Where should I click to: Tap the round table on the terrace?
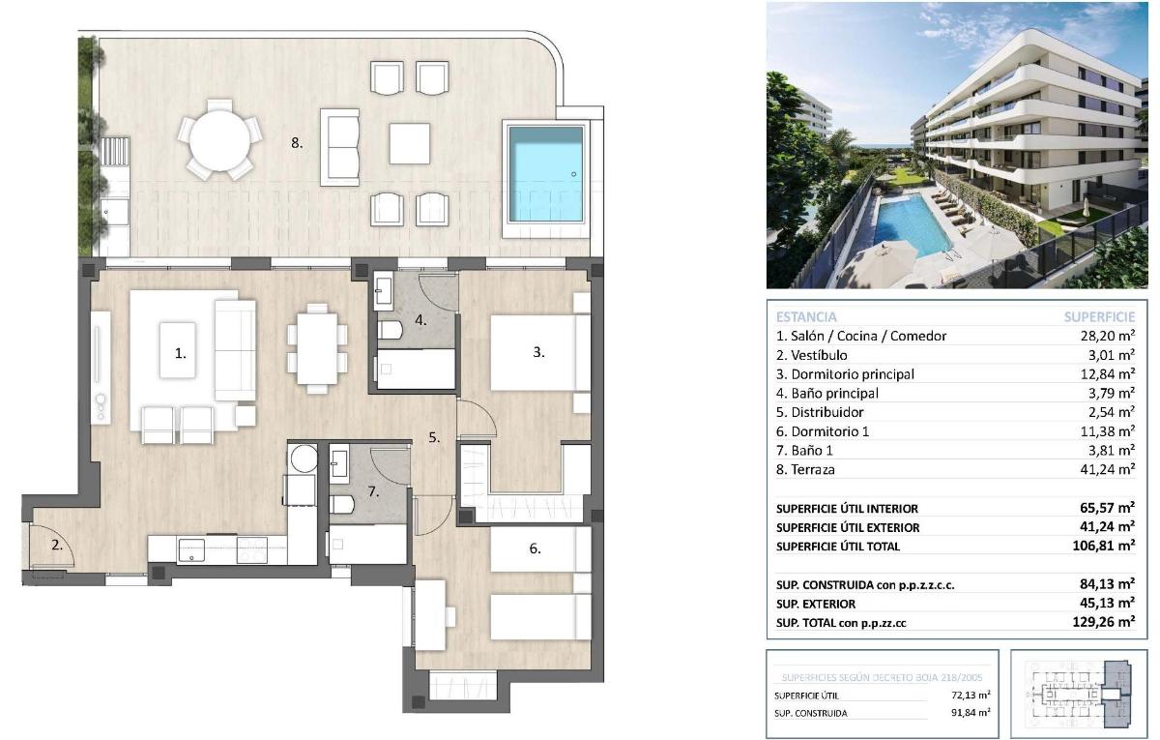click(223, 142)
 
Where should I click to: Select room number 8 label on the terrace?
click(297, 143)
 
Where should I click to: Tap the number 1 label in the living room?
click(180, 354)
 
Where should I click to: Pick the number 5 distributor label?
click(434, 437)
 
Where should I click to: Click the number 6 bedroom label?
click(535, 548)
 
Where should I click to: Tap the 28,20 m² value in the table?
click(1109, 336)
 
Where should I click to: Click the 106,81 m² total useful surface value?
click(1108, 547)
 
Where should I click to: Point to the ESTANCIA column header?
click(806, 316)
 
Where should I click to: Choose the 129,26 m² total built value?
click(1108, 623)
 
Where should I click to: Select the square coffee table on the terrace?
click(410, 144)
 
